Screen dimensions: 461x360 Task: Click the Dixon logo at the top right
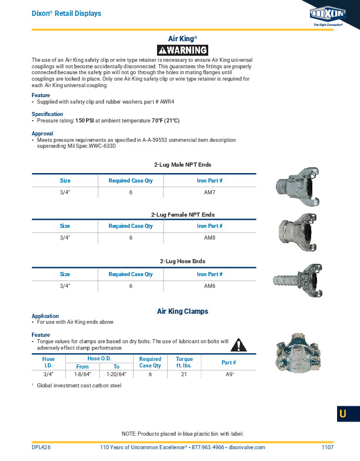328,14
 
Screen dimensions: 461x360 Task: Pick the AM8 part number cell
209,238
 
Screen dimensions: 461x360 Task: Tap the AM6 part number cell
209,286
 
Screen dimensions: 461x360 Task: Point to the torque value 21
184,374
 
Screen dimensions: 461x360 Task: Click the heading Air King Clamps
182,311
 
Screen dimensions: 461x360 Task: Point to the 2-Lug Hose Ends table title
182,261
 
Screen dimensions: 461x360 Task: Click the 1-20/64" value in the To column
116,374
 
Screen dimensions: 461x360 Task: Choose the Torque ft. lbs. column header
184,362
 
